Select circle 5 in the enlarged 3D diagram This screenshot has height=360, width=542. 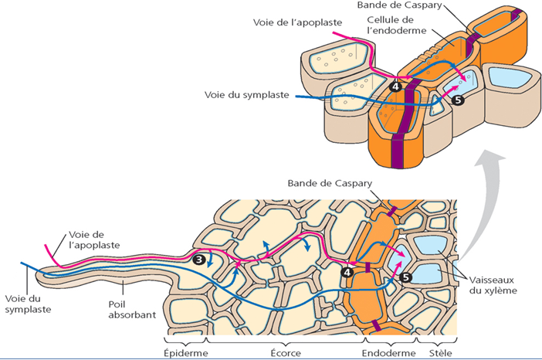[x=458, y=100]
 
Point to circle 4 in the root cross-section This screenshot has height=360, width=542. [x=347, y=271]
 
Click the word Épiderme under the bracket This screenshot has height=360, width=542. [x=187, y=352]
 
